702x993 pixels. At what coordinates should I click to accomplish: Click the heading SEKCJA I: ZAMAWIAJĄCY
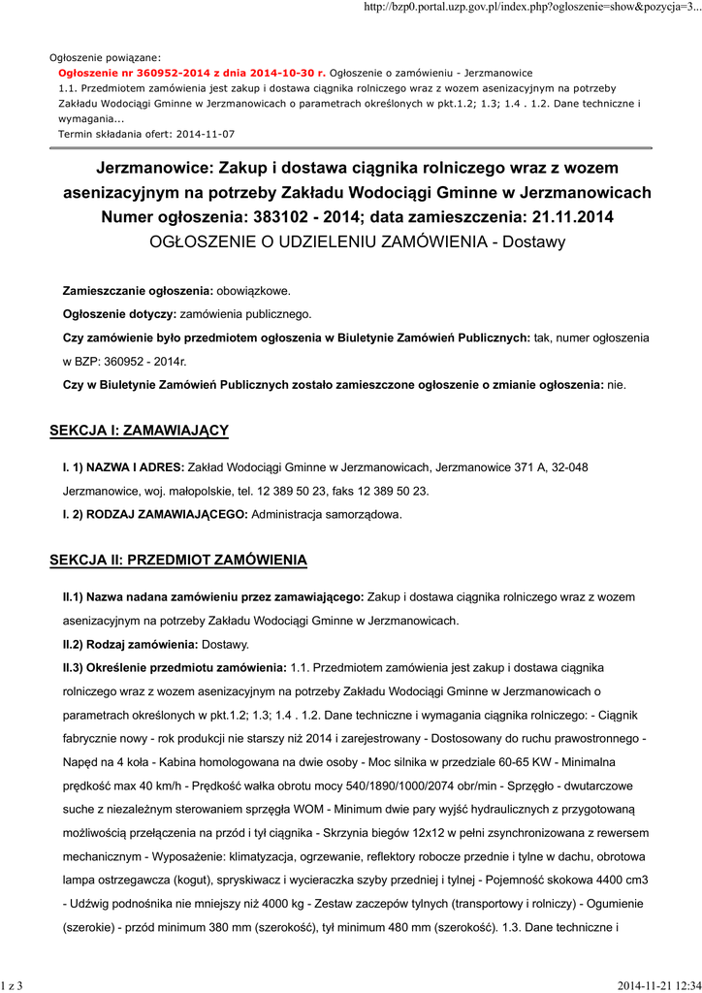click(139, 430)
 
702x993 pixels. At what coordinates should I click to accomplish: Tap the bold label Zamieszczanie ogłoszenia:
click(137, 291)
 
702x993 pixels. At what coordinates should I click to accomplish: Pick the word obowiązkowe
click(252, 291)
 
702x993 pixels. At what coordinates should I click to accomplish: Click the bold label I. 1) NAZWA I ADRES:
click(123, 467)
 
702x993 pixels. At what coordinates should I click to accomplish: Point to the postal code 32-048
click(569, 467)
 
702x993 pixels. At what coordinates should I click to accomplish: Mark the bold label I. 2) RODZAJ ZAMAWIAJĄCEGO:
click(155, 514)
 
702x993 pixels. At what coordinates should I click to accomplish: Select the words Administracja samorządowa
click(326, 514)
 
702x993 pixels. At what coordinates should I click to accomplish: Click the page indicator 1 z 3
click(13, 985)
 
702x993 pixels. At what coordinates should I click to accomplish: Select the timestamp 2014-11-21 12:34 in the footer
click(658, 985)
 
